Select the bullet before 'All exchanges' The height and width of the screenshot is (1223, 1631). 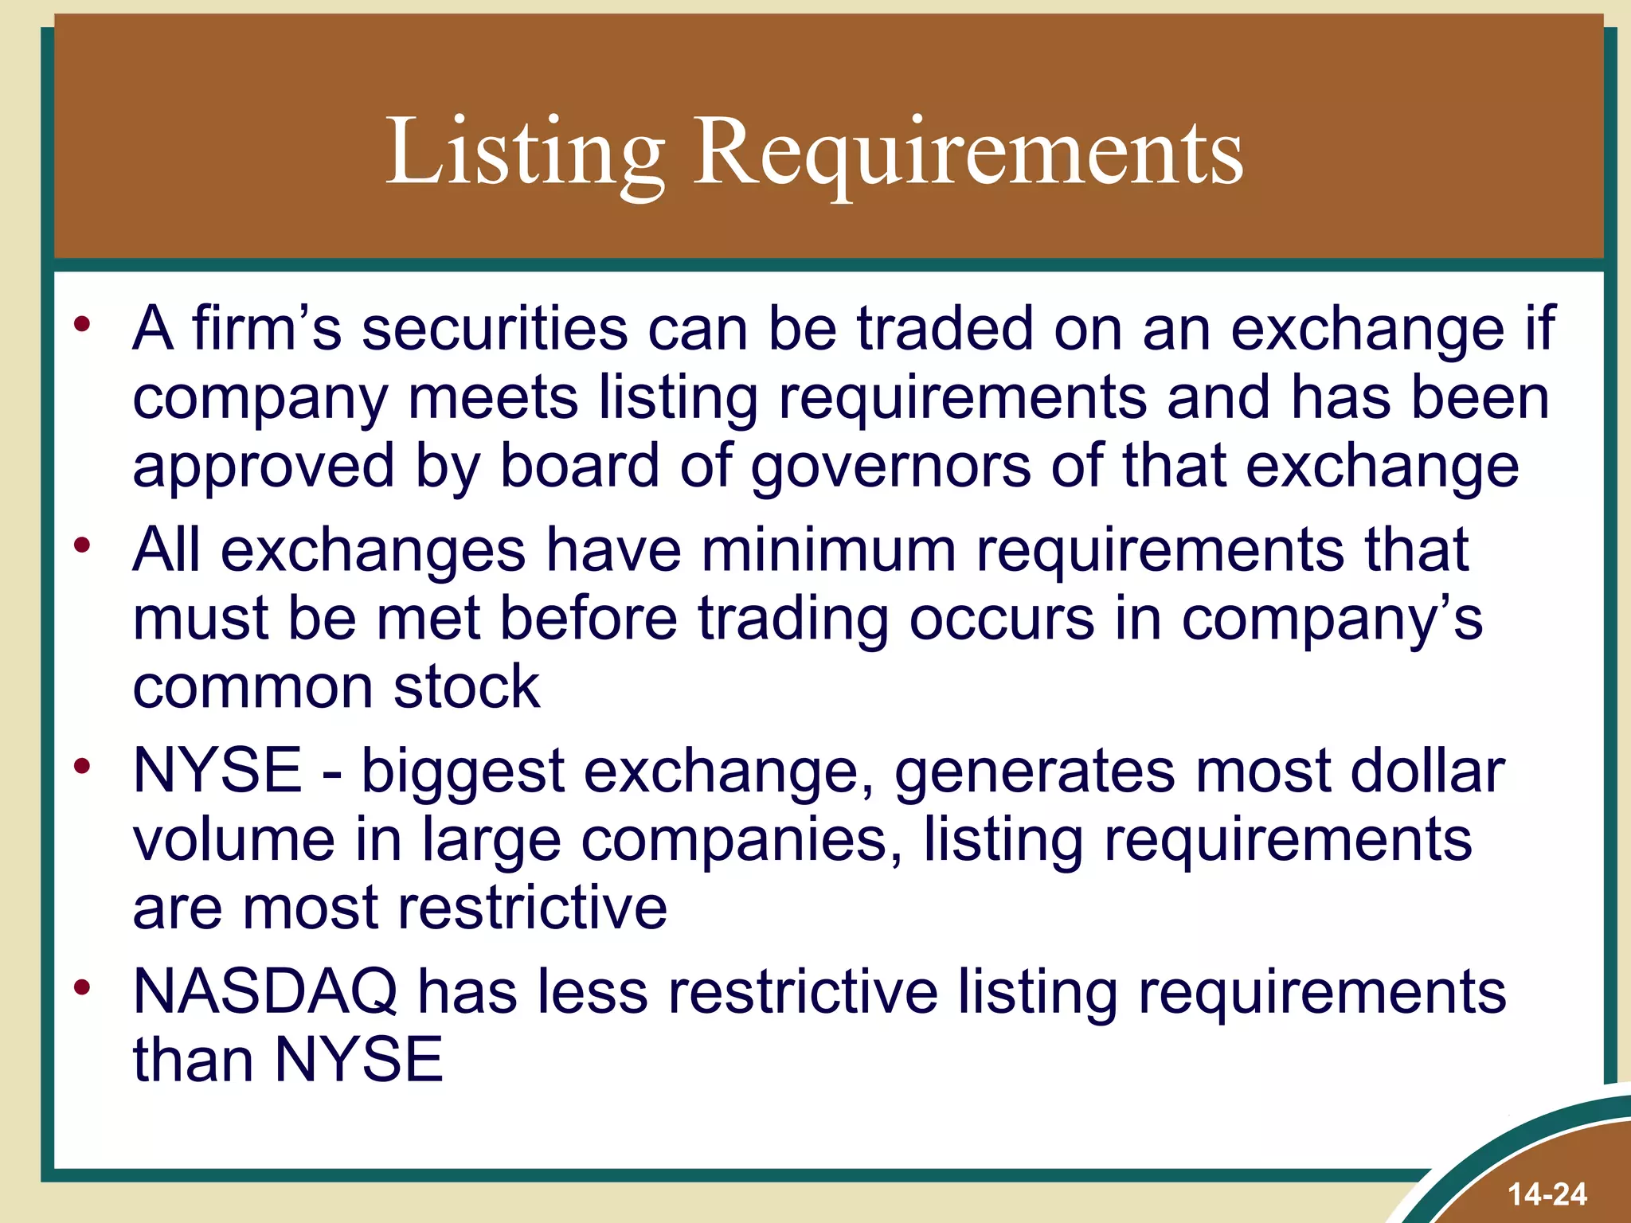pos(82,545)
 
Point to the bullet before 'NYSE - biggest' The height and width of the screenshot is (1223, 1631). pos(82,767)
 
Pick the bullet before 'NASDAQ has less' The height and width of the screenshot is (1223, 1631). pos(82,988)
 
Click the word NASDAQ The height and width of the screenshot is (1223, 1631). pos(265,992)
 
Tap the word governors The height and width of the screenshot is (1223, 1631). pos(890,467)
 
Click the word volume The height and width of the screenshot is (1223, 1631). pos(233,840)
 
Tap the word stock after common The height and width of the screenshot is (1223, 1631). pos(467,687)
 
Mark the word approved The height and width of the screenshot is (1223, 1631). pos(264,467)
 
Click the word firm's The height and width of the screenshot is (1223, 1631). pos(267,329)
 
